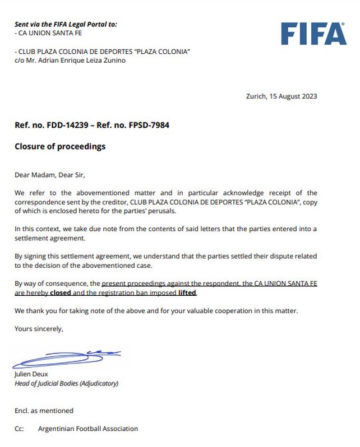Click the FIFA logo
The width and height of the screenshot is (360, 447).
point(313,34)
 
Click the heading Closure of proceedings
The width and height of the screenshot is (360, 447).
point(60,147)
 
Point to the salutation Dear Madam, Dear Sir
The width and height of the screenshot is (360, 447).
point(50,175)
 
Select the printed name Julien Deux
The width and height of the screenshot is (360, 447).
point(32,374)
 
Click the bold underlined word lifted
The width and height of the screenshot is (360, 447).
point(187,292)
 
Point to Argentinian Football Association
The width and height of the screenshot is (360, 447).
point(88,429)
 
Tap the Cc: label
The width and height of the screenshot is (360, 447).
point(20,429)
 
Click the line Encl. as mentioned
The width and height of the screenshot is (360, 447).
point(44,411)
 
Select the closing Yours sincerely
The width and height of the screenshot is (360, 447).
point(39,329)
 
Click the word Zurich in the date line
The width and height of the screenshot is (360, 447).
point(256,96)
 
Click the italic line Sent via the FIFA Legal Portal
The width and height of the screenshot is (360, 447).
point(66,24)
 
